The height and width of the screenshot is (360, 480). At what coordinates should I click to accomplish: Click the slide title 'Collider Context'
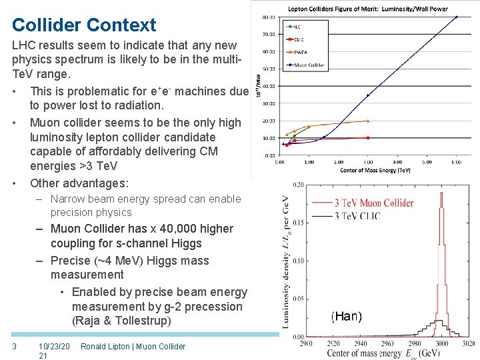point(84,25)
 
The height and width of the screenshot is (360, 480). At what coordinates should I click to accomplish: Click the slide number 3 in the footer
point(15,346)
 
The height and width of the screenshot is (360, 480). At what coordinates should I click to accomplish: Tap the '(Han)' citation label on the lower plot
point(346,317)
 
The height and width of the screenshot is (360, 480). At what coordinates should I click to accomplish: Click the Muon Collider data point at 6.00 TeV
point(457,17)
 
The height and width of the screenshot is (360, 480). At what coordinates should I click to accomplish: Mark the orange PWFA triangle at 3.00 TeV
point(367,121)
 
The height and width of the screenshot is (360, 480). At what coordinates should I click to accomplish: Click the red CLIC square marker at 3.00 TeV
point(367,138)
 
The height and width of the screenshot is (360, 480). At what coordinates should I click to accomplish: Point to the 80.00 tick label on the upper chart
point(269,17)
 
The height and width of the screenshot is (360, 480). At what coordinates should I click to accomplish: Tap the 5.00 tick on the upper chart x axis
point(427,161)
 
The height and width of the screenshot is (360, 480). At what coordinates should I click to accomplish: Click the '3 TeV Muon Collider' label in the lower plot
point(373,203)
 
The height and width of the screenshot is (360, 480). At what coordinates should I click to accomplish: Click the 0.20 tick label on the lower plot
point(298,185)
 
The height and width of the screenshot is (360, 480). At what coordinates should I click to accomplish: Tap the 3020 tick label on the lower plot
point(468,345)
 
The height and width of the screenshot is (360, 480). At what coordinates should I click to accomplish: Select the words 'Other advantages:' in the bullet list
point(79,183)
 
